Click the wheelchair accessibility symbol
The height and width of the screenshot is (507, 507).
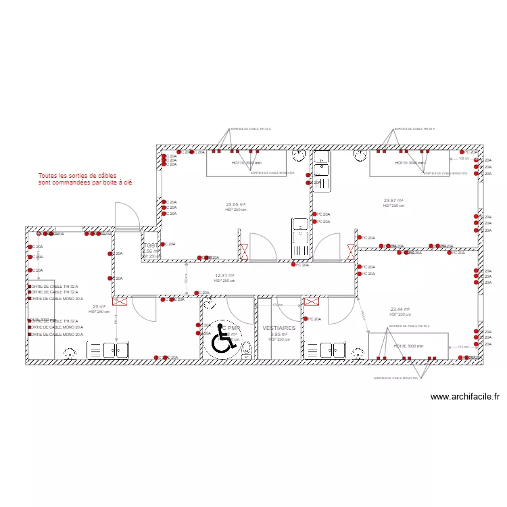[x=220, y=341]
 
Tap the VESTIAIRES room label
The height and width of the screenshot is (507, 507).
[x=279, y=327]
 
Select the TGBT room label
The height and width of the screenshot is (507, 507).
[x=151, y=246]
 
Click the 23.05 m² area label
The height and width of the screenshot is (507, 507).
[x=235, y=204]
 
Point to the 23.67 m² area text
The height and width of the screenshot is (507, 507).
[x=393, y=200]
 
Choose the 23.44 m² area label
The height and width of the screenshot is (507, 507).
[x=400, y=310]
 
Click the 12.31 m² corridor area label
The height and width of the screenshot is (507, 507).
[x=224, y=276]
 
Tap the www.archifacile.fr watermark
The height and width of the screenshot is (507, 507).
[x=464, y=397]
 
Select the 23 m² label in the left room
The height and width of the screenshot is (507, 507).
[x=99, y=306]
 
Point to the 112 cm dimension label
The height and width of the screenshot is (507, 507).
[x=462, y=347]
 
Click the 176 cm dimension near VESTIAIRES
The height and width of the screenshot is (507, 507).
[x=276, y=306]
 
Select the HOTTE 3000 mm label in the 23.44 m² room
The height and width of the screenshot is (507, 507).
[x=408, y=345]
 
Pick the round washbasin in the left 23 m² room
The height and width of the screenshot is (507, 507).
[x=68, y=352]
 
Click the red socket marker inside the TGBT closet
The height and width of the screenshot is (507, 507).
[x=162, y=244]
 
